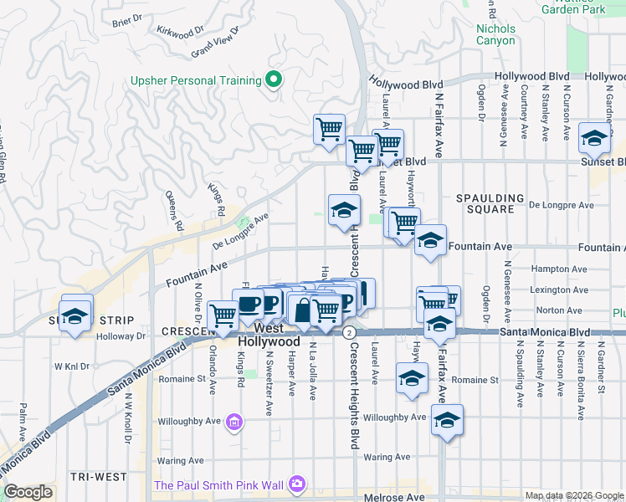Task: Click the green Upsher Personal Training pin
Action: coord(273,80)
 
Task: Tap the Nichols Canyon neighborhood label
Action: coord(495,34)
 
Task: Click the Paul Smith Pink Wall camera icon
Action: coord(296,484)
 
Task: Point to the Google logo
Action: coord(28,492)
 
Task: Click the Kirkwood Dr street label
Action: coord(180,31)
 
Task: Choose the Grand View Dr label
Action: coord(215,42)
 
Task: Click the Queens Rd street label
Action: coord(177,217)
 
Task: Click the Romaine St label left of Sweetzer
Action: coord(182,379)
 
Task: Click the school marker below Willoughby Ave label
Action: coord(447,421)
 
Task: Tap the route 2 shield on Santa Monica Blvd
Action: coord(347,332)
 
